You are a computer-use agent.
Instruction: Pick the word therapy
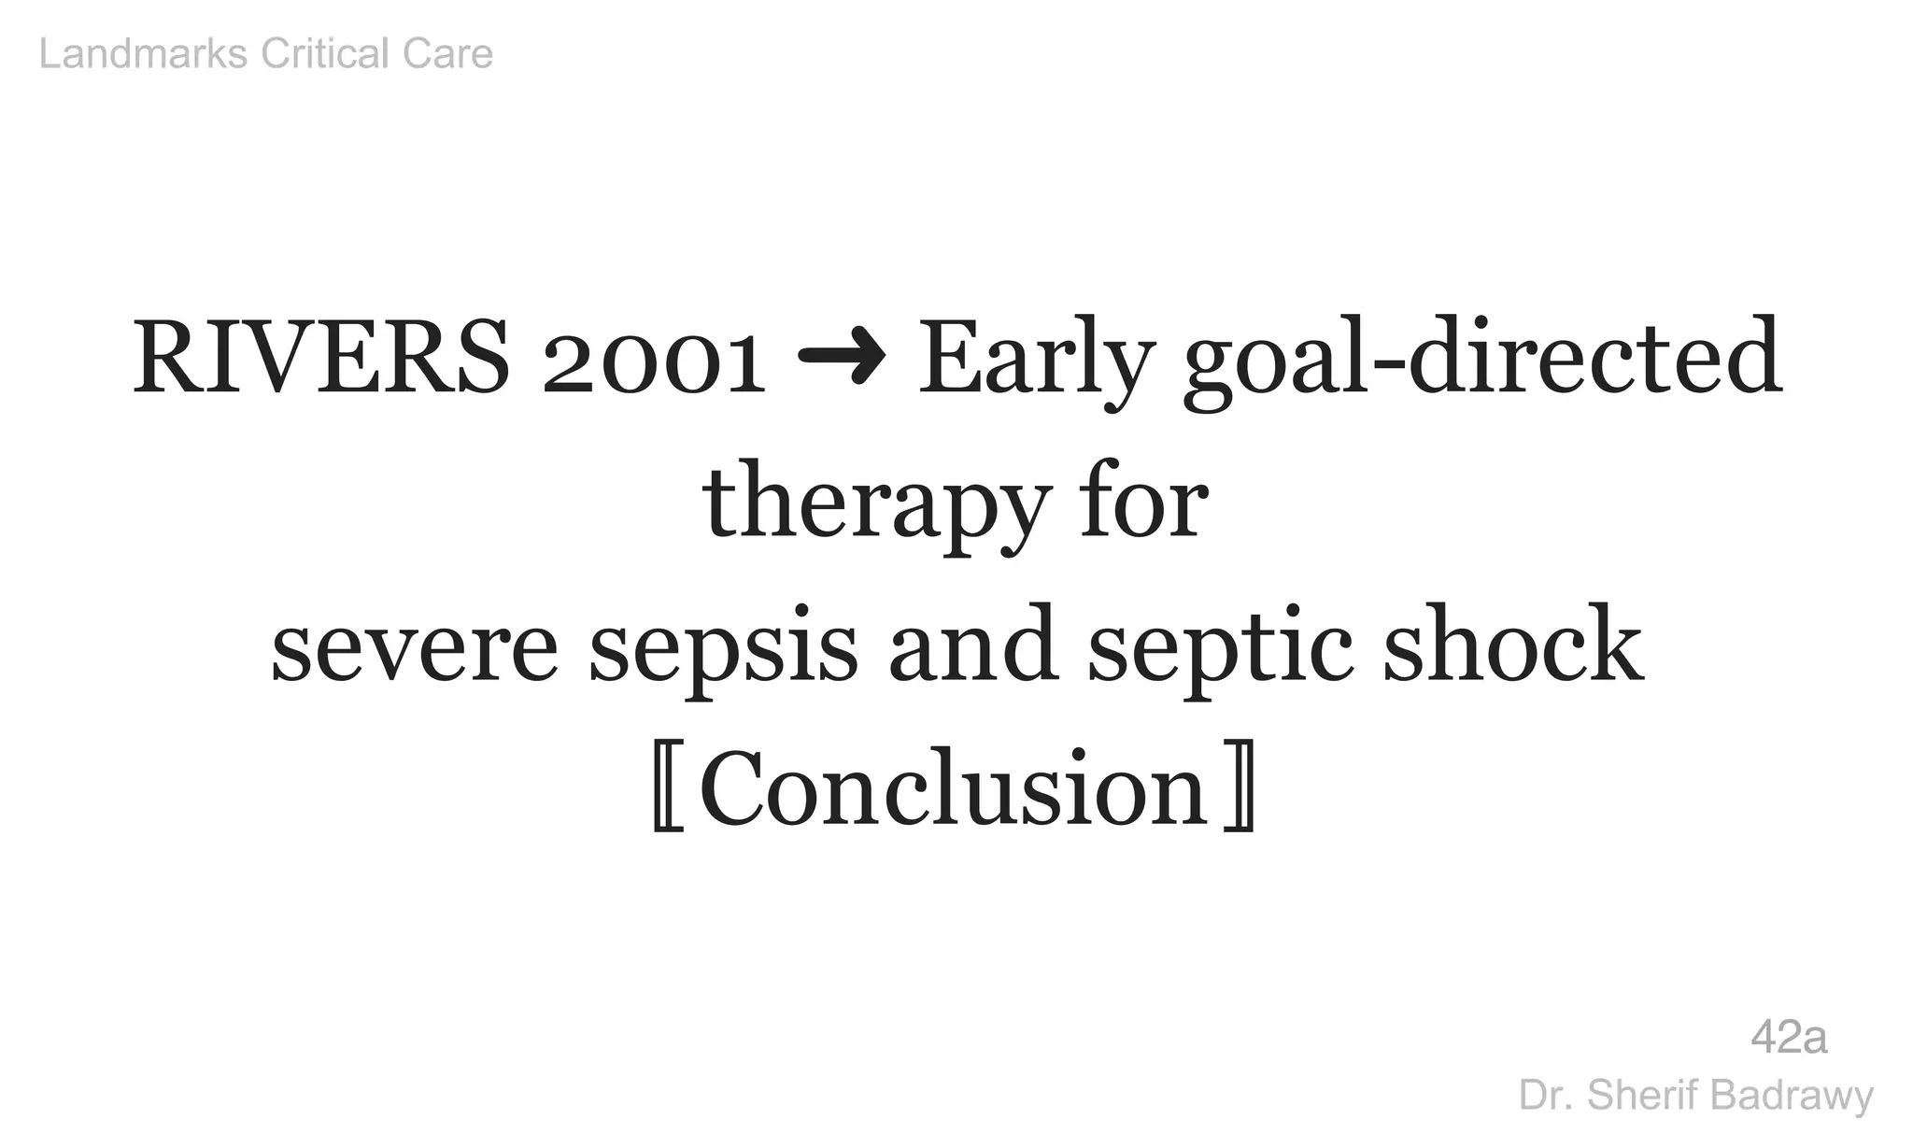(x=872, y=506)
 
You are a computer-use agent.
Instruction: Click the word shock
(x=1512, y=646)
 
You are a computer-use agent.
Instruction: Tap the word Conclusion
(x=954, y=790)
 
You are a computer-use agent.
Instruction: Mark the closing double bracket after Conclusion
(x=1239, y=790)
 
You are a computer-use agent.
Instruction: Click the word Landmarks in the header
(x=143, y=54)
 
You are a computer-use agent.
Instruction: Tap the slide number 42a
(x=1789, y=1038)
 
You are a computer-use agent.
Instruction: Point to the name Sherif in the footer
(x=1635, y=1095)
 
